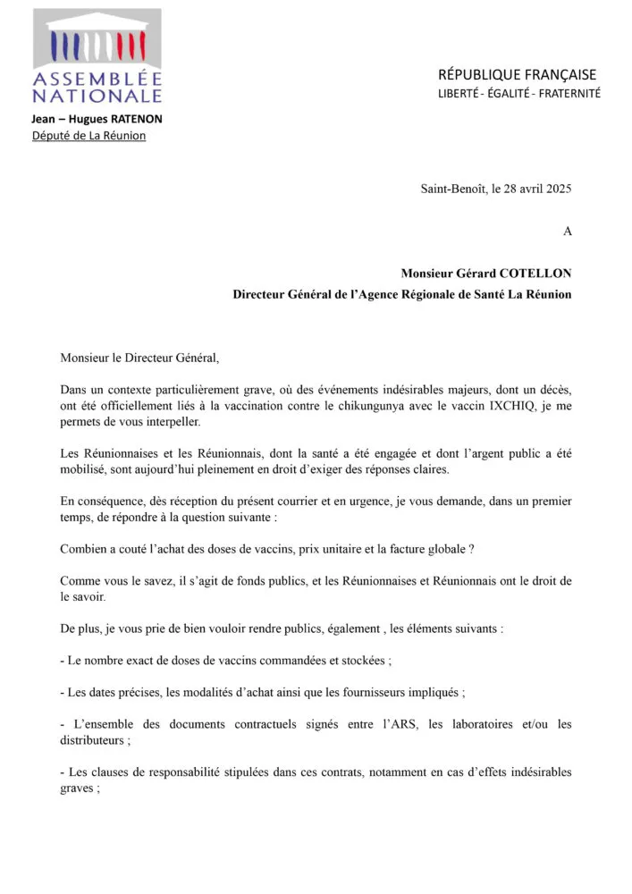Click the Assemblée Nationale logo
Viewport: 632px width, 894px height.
97,55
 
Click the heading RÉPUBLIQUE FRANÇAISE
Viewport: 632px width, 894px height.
517,74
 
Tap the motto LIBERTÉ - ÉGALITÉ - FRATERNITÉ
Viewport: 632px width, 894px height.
518,93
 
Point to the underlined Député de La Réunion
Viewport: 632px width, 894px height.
88,135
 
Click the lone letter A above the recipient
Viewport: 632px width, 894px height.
567,231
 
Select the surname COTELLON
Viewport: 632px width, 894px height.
532,274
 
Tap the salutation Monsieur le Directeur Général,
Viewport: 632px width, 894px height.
139,358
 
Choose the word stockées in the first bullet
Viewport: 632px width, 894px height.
358,660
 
